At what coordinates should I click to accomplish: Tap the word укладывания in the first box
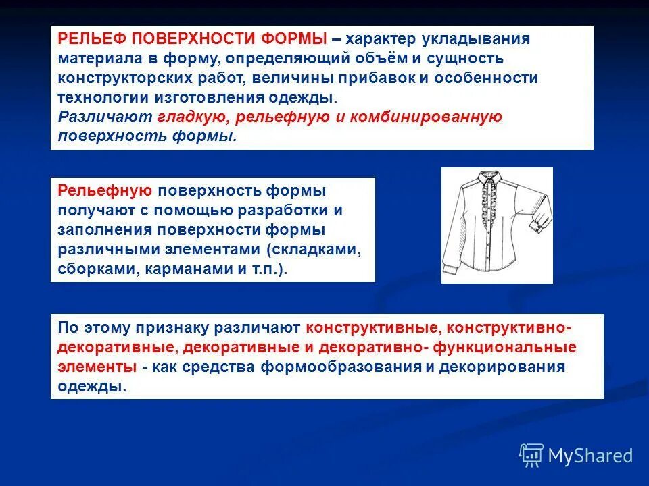(x=480, y=38)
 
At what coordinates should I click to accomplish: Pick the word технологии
(x=97, y=97)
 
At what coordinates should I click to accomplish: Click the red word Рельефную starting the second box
(x=104, y=190)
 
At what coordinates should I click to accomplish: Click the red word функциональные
(x=525, y=348)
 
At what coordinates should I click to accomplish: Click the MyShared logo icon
(x=531, y=456)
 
